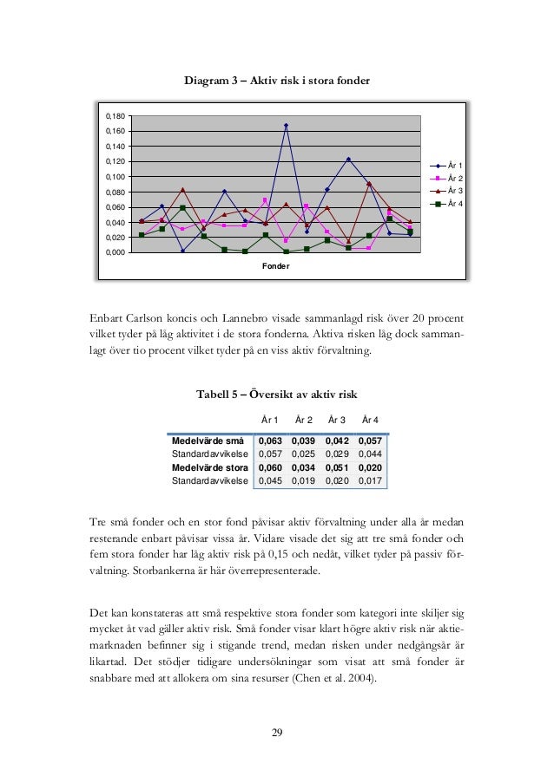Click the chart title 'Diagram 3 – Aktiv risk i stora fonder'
click(x=277, y=81)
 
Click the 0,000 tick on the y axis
click(x=115, y=253)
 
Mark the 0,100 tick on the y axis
click(x=115, y=177)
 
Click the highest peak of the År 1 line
click(x=286, y=125)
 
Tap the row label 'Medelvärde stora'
click(x=210, y=467)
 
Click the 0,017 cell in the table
click(x=371, y=480)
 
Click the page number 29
click(x=277, y=734)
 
